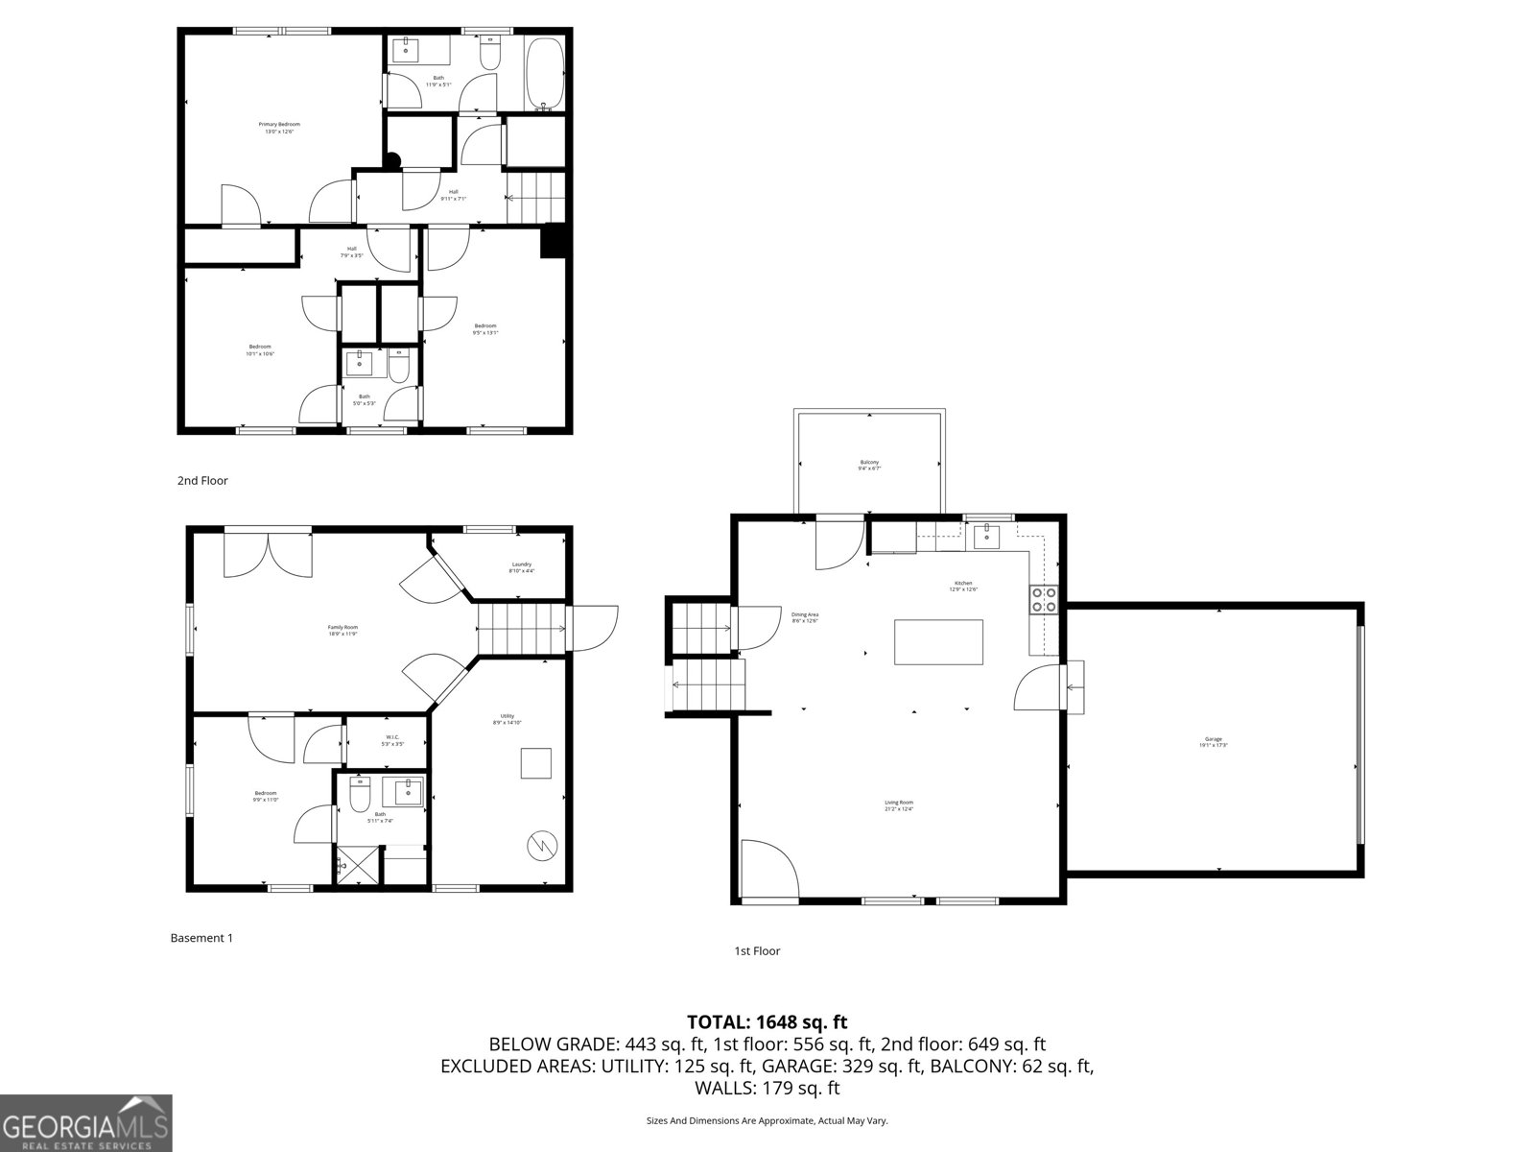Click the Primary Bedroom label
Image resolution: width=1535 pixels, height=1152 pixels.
[279, 128]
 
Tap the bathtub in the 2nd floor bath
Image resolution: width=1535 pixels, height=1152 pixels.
[545, 75]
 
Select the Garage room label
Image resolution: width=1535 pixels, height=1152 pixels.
[1213, 742]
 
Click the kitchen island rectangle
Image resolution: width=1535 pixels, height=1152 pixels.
[938, 642]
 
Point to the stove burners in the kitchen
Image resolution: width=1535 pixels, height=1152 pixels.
[1044, 600]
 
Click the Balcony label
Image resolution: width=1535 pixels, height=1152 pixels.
[869, 466]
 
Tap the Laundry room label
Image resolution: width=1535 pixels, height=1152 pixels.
[521, 567]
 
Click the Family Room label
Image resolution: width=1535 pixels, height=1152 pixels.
[342, 631]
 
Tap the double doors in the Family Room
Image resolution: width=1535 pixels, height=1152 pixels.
[268, 555]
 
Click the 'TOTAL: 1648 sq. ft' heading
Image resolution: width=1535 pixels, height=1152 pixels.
[767, 1022]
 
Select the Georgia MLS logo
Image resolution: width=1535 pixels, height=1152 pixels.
[85, 1122]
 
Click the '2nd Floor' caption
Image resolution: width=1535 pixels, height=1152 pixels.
[202, 481]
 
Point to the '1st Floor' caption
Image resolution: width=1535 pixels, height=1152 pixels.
[757, 951]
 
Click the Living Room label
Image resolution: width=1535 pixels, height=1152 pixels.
[899, 805]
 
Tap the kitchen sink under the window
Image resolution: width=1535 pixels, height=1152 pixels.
[986, 536]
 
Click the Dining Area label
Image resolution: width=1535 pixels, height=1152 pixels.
[805, 617]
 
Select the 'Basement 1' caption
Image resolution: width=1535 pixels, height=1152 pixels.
[201, 938]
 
